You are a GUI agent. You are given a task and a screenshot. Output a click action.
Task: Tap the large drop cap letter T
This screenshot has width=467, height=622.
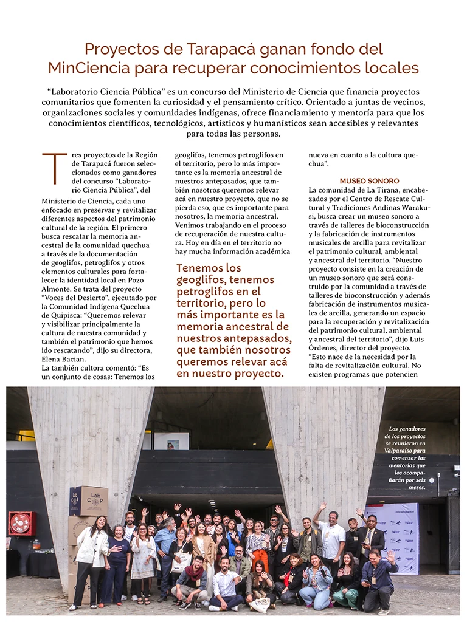click(x=54, y=168)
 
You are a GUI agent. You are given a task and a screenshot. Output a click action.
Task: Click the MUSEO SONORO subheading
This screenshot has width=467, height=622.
click(x=369, y=181)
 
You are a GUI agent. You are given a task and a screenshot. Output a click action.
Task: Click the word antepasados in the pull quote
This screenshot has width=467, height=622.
click(x=254, y=338)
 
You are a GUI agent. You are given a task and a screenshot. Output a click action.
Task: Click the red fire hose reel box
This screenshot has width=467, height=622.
click(x=22, y=523)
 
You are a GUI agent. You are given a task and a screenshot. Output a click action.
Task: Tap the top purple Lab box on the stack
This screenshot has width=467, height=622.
click(x=88, y=501)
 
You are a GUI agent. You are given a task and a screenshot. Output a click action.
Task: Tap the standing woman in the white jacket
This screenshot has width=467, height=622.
click(x=92, y=559)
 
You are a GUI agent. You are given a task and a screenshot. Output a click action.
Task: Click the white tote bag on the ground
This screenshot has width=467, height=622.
click(x=260, y=604)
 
